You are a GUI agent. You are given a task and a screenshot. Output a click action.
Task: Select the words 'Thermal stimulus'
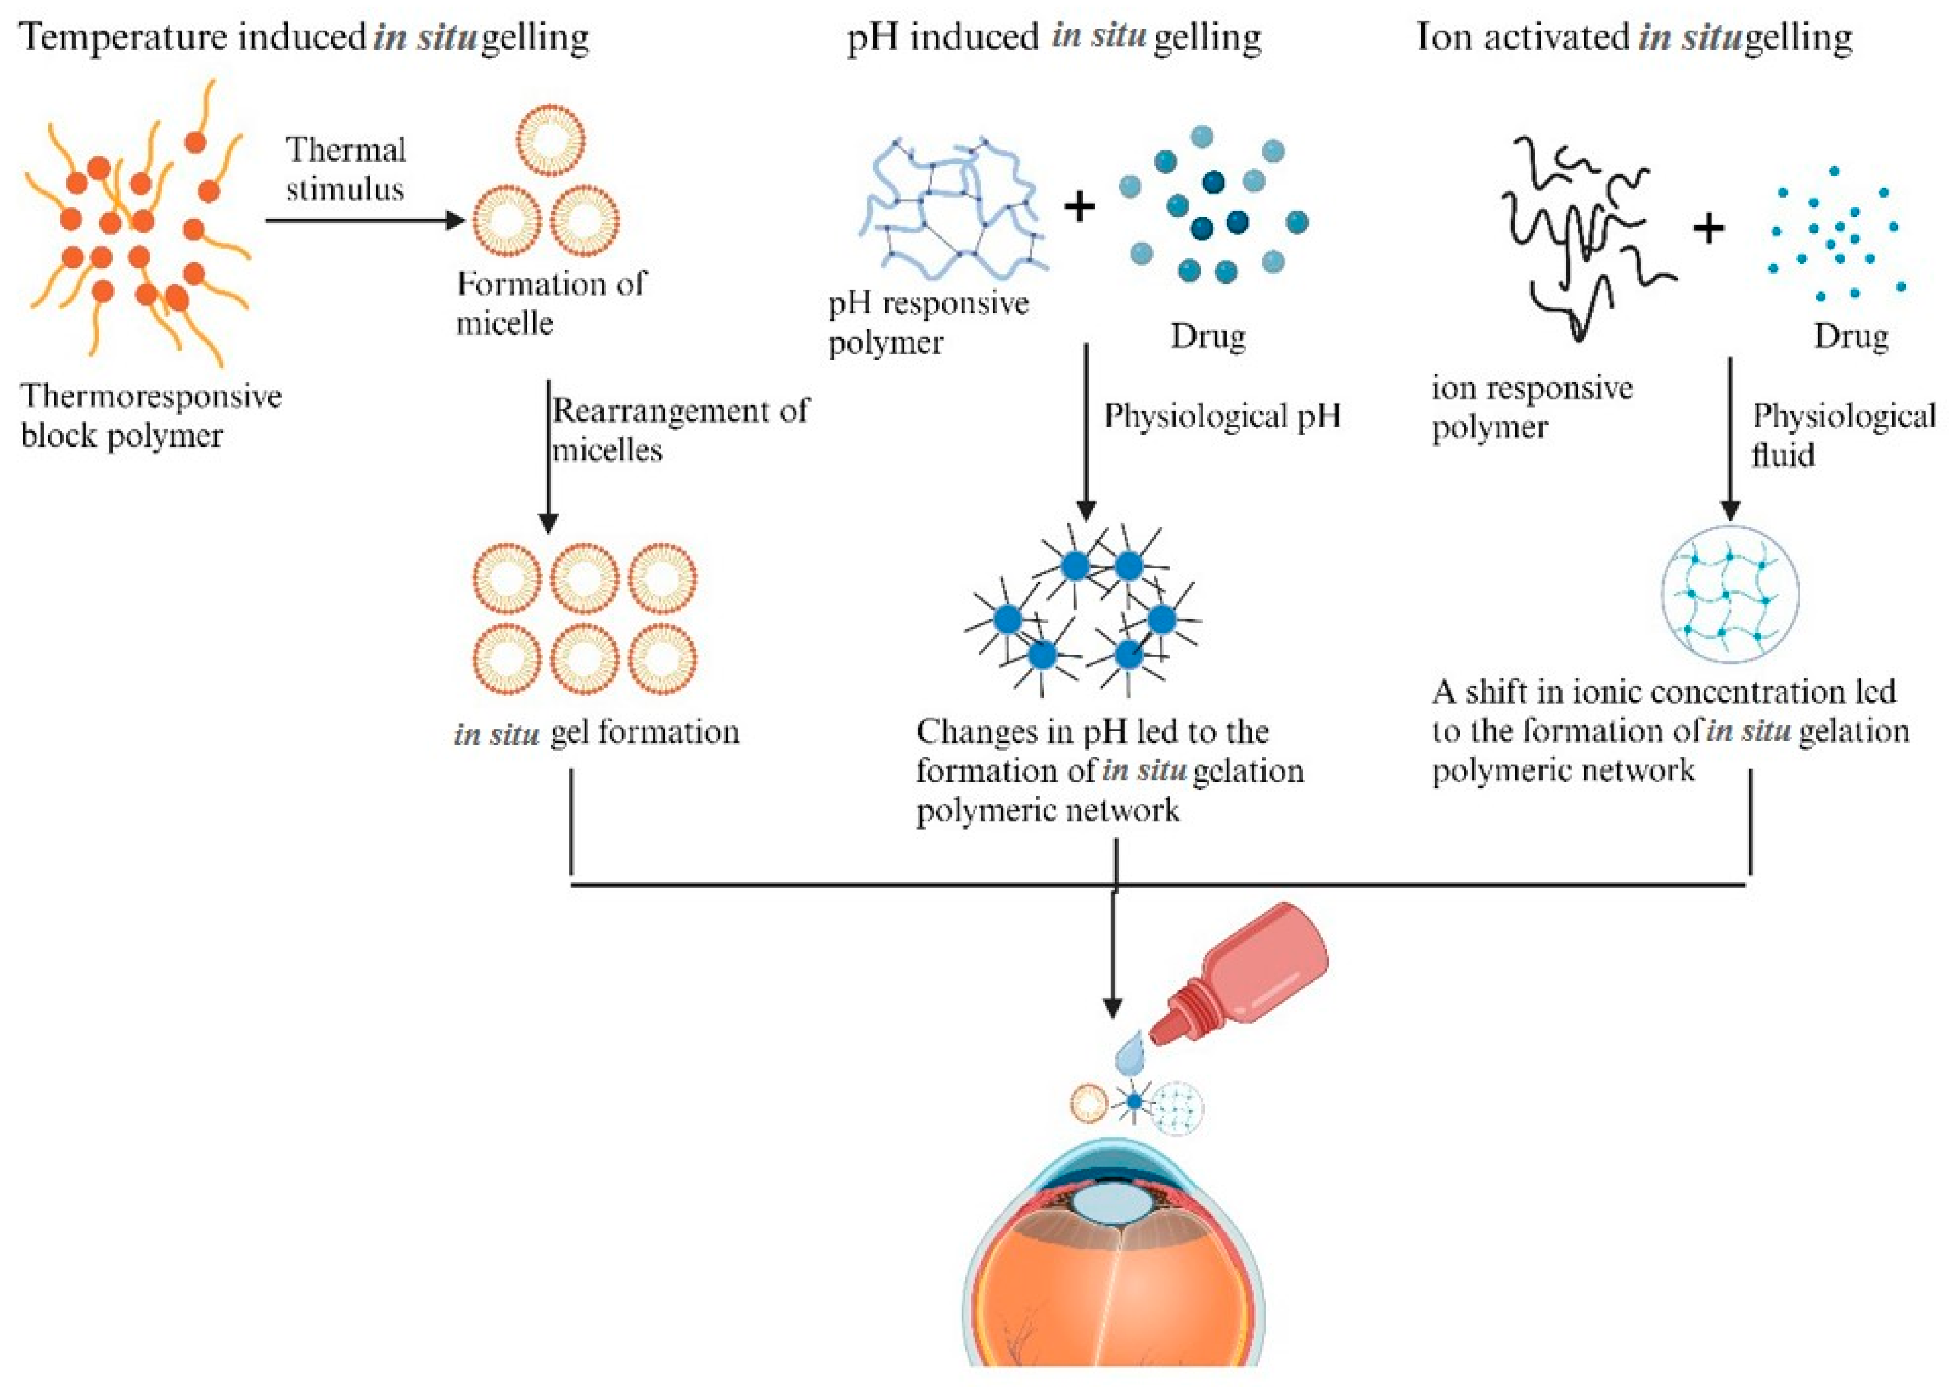point(345,169)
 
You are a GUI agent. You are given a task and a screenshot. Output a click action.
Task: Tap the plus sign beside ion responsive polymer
point(1709,229)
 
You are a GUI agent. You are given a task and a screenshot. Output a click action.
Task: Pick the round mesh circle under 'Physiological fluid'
point(1729,595)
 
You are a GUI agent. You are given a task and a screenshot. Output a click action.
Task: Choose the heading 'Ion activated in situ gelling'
point(1633,37)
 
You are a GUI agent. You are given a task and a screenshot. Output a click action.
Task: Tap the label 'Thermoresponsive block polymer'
point(150,416)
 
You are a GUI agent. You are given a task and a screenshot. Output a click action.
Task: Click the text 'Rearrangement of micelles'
point(679,430)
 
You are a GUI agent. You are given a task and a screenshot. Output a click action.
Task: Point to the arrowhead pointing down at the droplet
point(1112,1008)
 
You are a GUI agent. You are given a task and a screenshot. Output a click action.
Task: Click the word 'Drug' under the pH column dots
point(1207,336)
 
